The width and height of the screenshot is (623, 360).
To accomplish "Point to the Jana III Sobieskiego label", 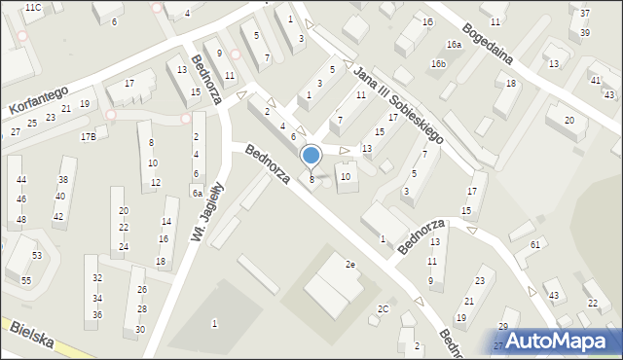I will click(x=399, y=105).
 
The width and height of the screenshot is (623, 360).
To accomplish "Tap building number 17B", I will click(x=88, y=136).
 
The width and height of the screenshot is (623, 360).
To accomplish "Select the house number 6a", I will click(x=197, y=193).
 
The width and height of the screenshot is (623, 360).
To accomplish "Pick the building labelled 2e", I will click(x=350, y=264).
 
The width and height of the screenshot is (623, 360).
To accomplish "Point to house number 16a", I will click(x=454, y=45).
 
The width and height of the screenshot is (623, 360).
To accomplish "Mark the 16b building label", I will click(x=439, y=64).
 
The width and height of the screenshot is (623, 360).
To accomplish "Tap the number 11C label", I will click(x=33, y=8).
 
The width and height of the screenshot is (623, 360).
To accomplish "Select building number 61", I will click(x=535, y=244).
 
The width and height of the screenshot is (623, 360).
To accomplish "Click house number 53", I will click(x=37, y=255).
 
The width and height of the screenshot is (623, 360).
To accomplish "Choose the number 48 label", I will click(x=21, y=219).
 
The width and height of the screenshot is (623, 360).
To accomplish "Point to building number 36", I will click(x=97, y=314).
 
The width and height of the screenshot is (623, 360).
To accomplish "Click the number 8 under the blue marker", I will click(x=311, y=179).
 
